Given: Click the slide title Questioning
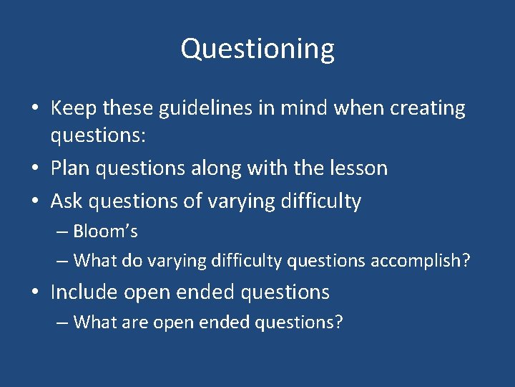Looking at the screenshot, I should tap(257, 49).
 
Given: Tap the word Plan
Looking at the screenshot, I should tap(70, 168).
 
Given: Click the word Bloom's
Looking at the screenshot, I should tap(106, 231).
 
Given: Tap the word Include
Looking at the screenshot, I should tap(84, 292).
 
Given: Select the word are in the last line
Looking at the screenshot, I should tap(134, 322).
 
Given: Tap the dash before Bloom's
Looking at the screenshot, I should tap(62, 232).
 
